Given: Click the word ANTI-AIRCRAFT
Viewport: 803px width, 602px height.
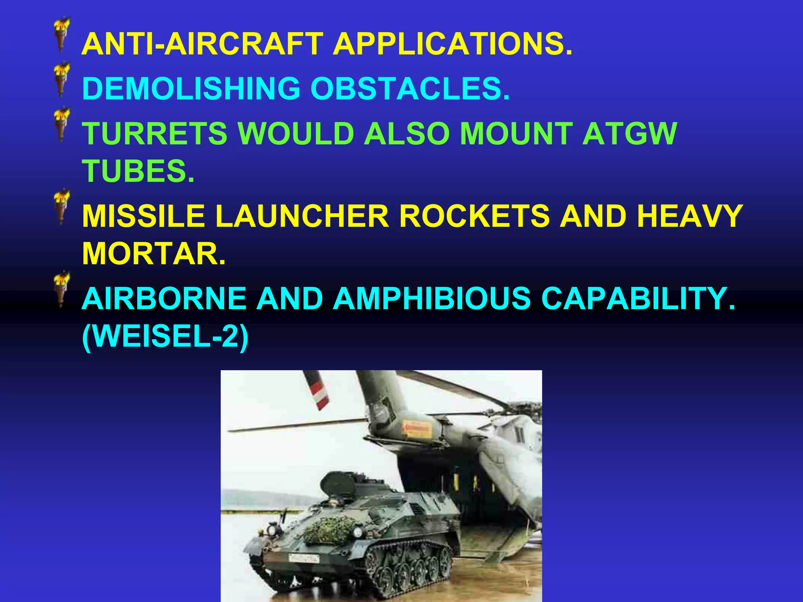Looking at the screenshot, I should (202, 44).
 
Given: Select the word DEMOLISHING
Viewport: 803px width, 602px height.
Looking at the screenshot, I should (191, 88).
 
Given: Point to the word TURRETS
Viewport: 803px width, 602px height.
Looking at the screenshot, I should (154, 133).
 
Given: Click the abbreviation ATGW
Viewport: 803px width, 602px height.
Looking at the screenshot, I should (630, 133).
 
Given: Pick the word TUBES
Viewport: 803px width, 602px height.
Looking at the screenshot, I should (138, 171).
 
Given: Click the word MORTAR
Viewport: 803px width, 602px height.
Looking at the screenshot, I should (154, 254).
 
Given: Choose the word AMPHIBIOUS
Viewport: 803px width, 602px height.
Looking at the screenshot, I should (432, 298).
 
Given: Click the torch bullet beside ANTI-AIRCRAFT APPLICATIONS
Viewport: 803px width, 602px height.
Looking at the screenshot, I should (62, 35).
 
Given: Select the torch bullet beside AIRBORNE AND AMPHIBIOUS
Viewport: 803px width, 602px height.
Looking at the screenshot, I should (62, 290).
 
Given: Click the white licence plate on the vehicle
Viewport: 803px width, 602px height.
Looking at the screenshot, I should (303, 558).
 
